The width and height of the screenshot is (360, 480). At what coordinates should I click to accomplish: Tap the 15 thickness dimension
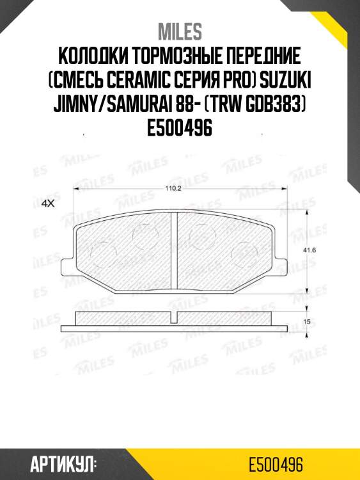(x=307, y=321)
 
